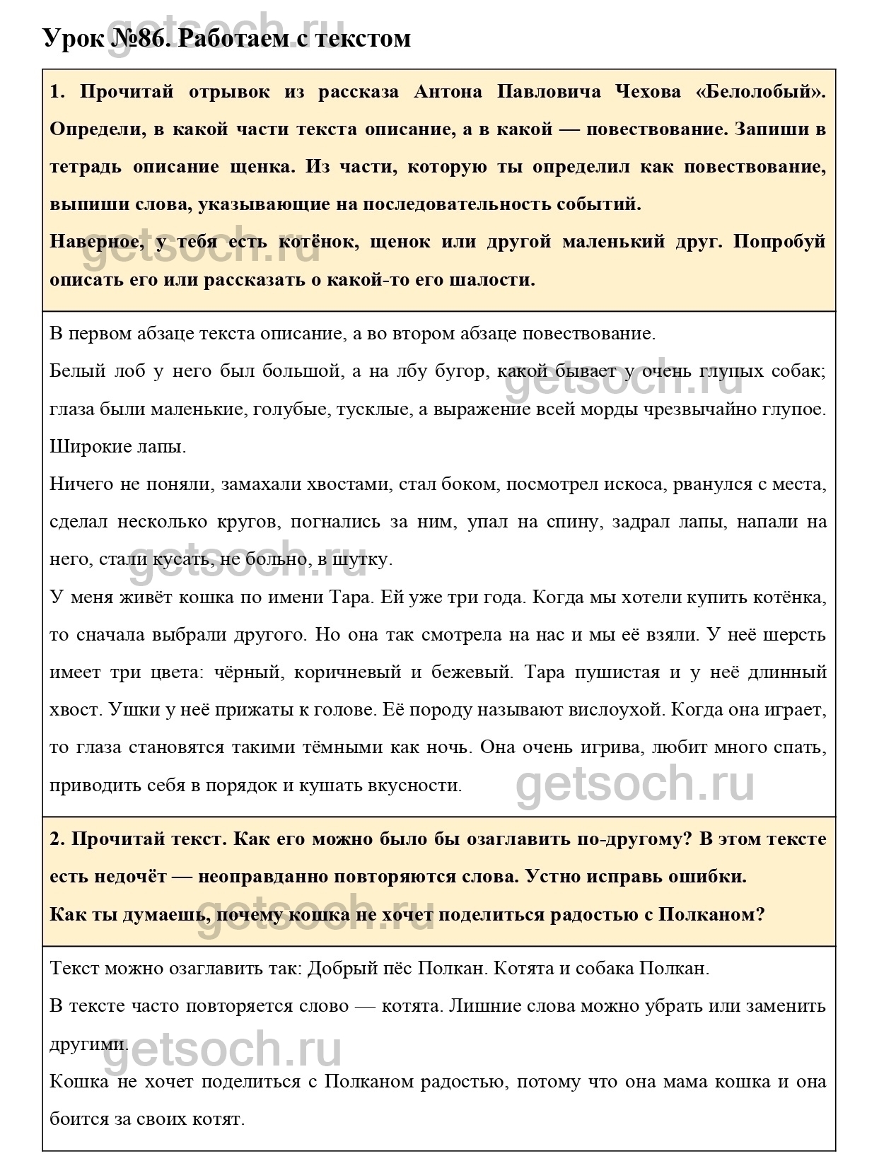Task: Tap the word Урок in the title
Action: click(73, 38)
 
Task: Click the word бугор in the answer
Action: click(455, 371)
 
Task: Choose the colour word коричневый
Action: click(342, 672)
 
